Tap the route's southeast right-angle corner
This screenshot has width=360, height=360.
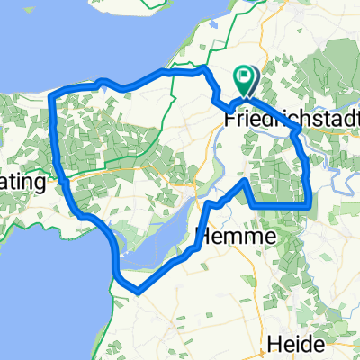(x=310, y=205)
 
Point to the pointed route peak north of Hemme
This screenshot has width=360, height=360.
(x=244, y=182)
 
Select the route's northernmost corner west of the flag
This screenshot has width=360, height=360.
(x=204, y=68)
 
